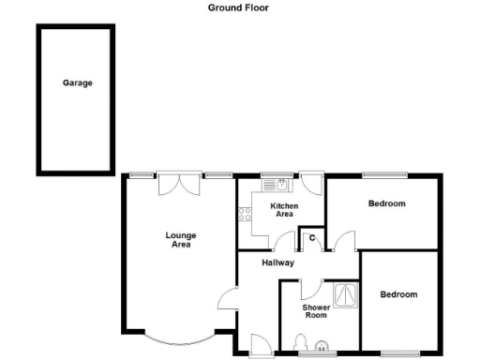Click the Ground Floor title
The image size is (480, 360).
point(238,7)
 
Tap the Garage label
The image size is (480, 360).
point(77,82)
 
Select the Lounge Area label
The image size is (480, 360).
point(180,240)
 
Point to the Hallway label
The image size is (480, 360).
point(278,262)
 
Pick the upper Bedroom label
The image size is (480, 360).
point(386,203)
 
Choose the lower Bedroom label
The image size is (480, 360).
point(398,294)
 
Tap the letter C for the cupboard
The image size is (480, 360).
point(311,238)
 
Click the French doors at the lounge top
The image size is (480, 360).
point(178,183)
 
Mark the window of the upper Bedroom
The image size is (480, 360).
point(384,174)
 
